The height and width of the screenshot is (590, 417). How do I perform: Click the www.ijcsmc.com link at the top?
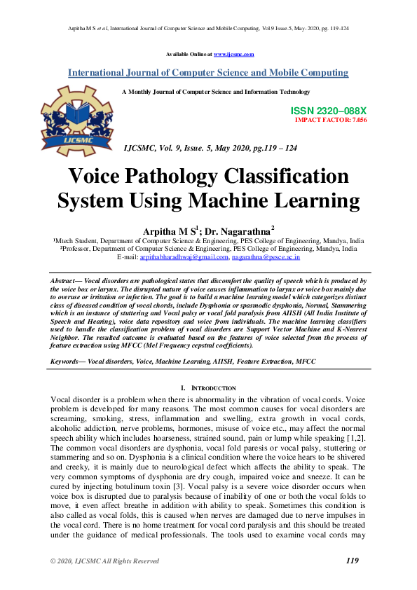click(233, 54)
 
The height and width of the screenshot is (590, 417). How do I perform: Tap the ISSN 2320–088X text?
click(328, 111)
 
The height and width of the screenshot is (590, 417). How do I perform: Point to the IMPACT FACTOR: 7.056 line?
click(331, 121)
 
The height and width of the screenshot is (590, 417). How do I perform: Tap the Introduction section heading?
click(212, 388)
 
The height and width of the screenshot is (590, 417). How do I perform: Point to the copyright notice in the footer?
click(104, 561)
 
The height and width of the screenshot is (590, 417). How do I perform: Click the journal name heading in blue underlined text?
click(207, 73)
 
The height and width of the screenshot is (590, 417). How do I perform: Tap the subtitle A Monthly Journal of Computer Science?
click(216, 92)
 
